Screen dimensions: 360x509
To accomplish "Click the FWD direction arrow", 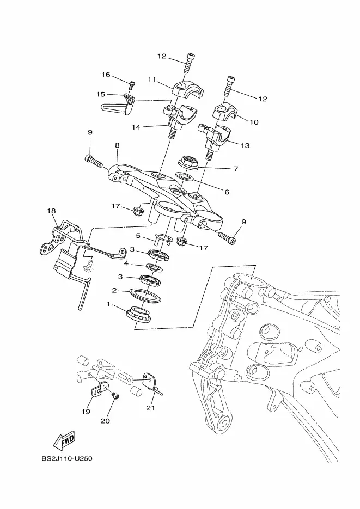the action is [64, 440].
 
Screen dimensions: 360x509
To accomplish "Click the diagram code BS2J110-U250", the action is [67, 459].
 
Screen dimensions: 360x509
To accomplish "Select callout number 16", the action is [106, 75].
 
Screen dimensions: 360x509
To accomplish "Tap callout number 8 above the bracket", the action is [117, 145].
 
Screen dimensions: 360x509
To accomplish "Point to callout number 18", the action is [51, 211].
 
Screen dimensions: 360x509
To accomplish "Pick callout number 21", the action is [151, 408].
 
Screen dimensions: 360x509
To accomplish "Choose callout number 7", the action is [236, 168].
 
